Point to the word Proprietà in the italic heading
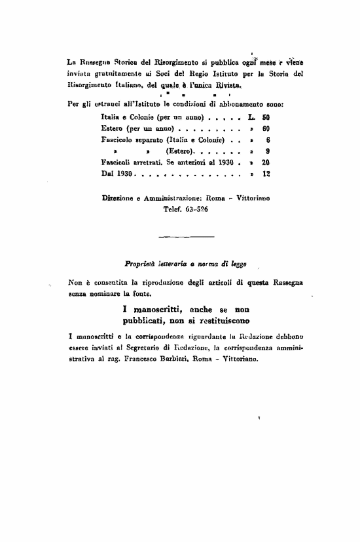click(x=139, y=264)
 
